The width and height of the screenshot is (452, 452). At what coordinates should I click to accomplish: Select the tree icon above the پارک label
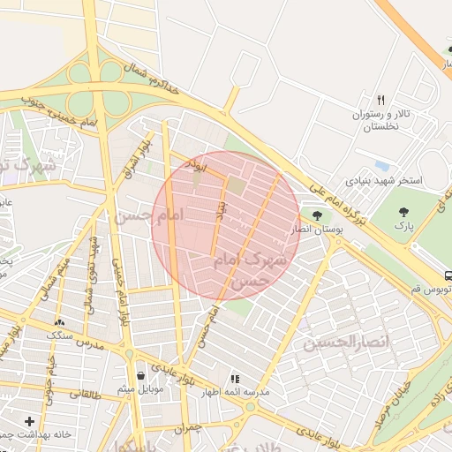[x=404, y=211]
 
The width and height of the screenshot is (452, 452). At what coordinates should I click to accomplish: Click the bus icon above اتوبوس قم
[x=449, y=275]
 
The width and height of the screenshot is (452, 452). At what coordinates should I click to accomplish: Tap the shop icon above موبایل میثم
[x=140, y=376]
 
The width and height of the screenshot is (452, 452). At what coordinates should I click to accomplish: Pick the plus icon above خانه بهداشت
[x=31, y=421]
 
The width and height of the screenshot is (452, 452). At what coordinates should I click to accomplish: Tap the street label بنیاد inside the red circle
[x=222, y=207]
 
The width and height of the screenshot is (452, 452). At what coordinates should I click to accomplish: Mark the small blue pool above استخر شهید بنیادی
[x=381, y=165]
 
